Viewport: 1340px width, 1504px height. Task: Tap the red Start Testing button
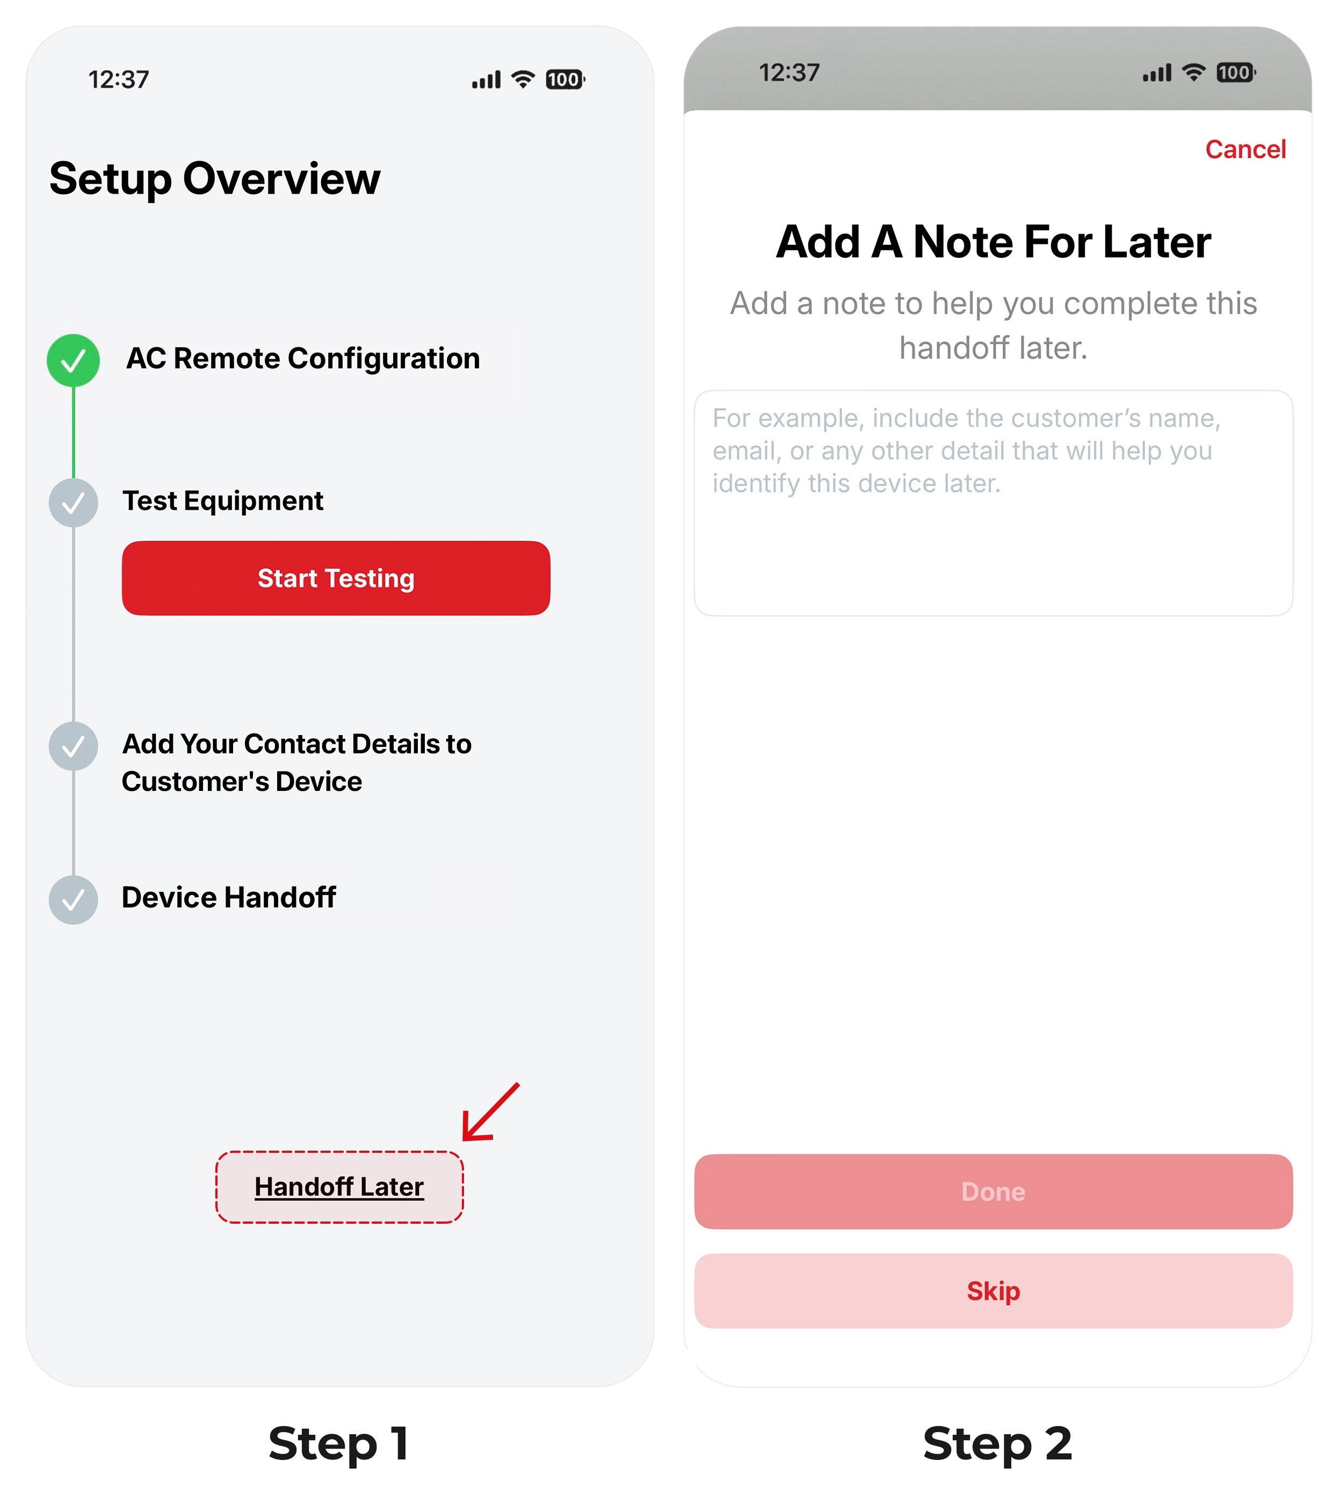click(336, 578)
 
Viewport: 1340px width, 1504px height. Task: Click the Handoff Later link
click(339, 1187)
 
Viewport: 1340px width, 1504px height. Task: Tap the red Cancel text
click(1245, 149)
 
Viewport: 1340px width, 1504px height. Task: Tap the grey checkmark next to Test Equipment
click(74, 503)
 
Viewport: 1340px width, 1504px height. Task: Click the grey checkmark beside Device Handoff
click(74, 899)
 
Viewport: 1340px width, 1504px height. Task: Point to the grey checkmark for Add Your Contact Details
click(74, 746)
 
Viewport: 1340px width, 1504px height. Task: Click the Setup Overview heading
click(215, 179)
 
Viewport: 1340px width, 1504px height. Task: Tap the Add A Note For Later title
click(993, 242)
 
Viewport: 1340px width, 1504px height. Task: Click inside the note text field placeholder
click(966, 451)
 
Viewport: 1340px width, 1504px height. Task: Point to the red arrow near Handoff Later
click(491, 1111)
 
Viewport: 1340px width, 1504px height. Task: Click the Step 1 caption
click(339, 1443)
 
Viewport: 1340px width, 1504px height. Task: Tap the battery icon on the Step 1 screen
click(564, 79)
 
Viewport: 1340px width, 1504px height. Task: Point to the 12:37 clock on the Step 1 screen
click(119, 79)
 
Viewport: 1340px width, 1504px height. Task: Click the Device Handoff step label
click(229, 897)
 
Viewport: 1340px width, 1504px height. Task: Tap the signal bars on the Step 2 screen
click(1157, 73)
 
